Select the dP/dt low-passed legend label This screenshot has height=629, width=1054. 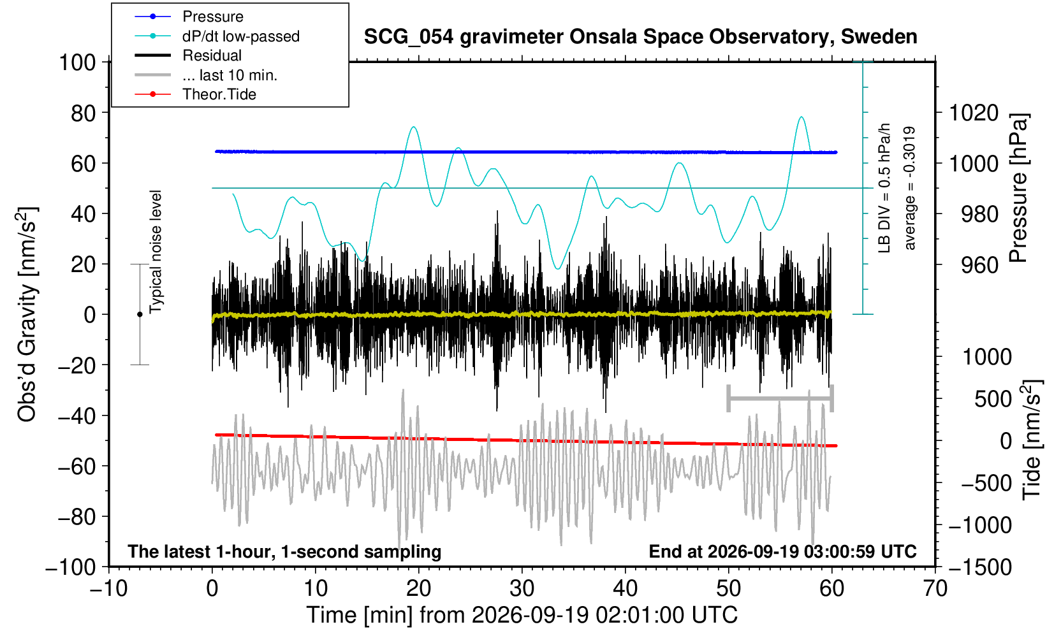(241, 36)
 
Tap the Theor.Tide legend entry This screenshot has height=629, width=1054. (219, 94)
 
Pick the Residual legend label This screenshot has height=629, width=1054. (212, 55)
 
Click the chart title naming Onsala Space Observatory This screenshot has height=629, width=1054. (640, 36)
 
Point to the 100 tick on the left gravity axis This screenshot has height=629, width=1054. (77, 62)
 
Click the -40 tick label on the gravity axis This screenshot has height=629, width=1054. (77, 416)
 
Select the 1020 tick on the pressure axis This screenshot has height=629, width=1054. (974, 113)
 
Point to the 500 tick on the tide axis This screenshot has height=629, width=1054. (992, 399)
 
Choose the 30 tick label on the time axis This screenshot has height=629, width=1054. (522, 588)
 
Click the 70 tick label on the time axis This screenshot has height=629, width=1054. (935, 588)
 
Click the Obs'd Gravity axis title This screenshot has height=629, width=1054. (27, 314)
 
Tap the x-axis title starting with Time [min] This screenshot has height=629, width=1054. (522, 615)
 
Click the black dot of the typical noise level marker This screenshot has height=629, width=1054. (140, 314)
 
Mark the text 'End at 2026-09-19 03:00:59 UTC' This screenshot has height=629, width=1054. (782, 551)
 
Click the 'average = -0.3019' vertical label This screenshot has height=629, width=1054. (909, 188)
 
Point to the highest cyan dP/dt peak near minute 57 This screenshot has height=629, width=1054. (801, 117)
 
